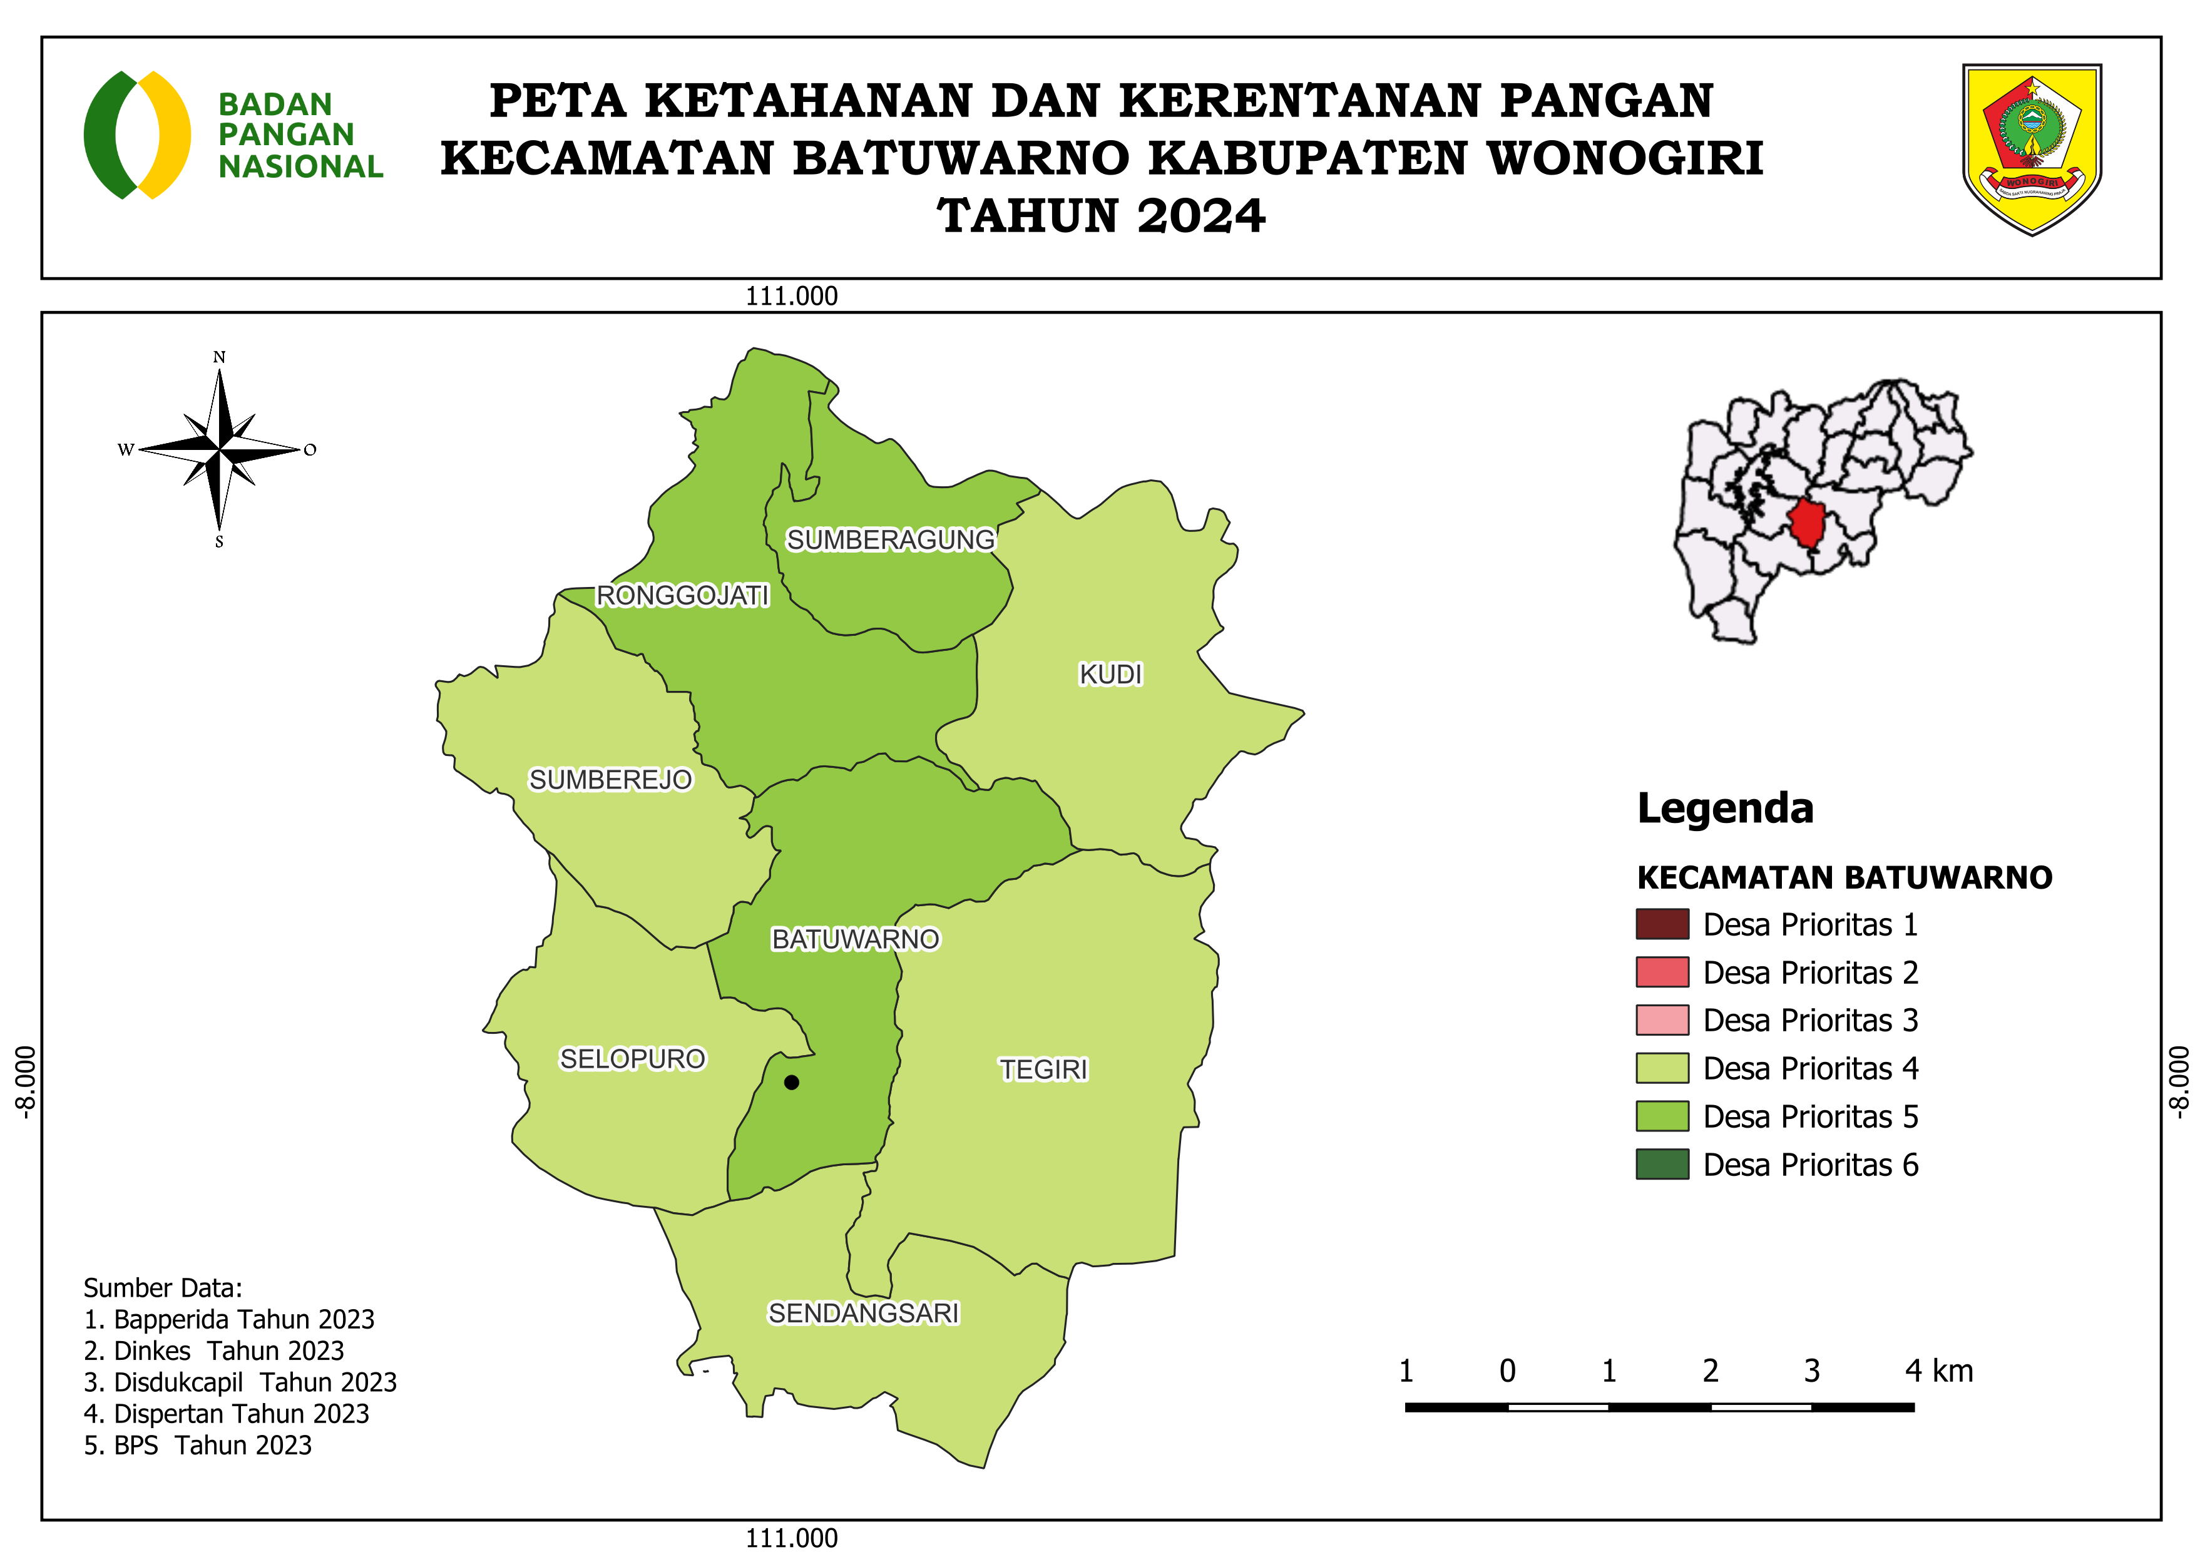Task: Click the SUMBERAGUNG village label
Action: tap(890, 540)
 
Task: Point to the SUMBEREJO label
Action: tap(610, 780)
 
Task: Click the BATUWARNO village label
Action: tap(856, 939)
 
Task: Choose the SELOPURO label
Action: tap(632, 1059)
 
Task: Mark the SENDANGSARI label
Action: tap(863, 1313)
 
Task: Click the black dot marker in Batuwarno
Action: tap(792, 1083)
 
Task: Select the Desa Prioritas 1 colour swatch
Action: tap(1662, 924)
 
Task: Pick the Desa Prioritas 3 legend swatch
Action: tap(1662, 1019)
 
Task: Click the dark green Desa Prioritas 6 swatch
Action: tap(1662, 1164)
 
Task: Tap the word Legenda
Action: tap(1725, 809)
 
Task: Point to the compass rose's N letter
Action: tap(219, 357)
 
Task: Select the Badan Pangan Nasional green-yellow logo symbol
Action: tap(136, 135)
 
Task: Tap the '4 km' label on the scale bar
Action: tap(1938, 1371)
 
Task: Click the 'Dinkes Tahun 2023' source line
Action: tap(214, 1350)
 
